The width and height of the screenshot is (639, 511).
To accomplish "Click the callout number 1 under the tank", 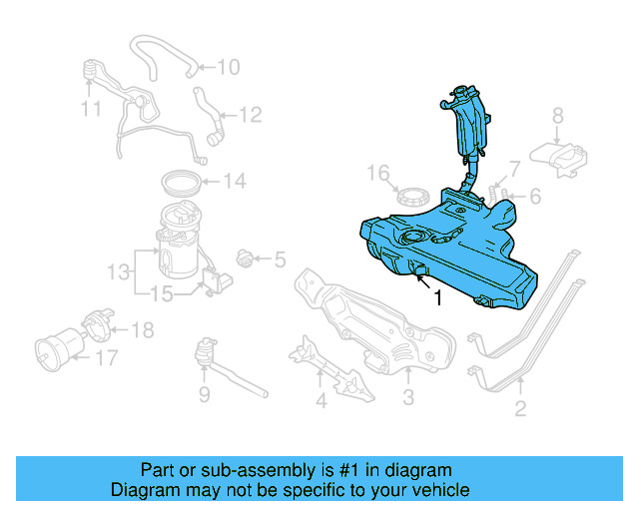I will pyautogui.click(x=437, y=298).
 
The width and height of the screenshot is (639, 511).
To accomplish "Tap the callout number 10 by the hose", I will pyautogui.click(x=228, y=68).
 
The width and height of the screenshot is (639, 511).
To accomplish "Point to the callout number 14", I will pyautogui.click(x=234, y=182).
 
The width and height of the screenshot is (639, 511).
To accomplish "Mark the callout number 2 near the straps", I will pyautogui.click(x=520, y=407).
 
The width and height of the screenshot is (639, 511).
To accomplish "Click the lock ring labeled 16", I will pyautogui.click(x=407, y=195).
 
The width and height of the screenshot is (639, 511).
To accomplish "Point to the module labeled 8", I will pyautogui.click(x=560, y=154).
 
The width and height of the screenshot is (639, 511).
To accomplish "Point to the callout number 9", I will pyautogui.click(x=204, y=396).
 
